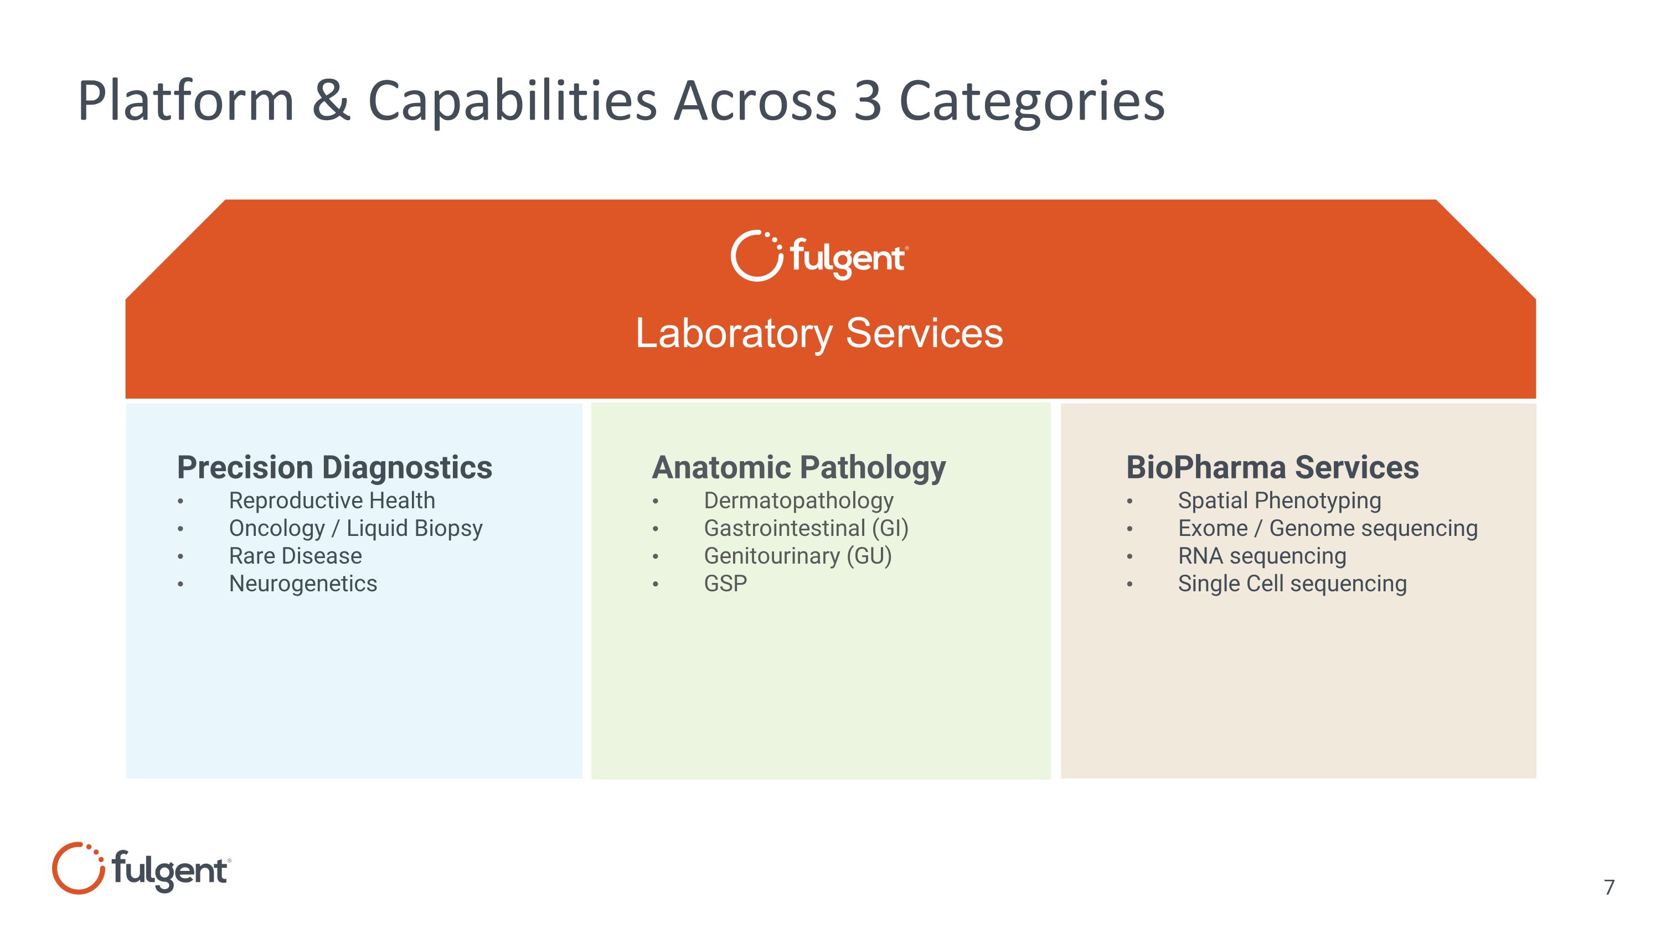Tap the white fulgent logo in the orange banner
[x=819, y=255]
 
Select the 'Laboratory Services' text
[x=819, y=333]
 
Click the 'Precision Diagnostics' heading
[x=334, y=467]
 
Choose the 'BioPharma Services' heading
[x=1272, y=467]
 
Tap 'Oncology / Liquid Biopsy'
[x=355, y=529]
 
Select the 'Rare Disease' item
[x=295, y=556]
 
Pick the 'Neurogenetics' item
[x=302, y=584]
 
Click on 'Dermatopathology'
[x=798, y=502]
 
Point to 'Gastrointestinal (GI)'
[x=806, y=529]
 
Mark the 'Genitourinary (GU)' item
[x=798, y=556]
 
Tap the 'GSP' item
[x=725, y=584]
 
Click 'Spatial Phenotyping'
[x=1280, y=502]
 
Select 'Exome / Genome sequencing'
[x=1328, y=529]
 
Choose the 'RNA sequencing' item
[x=1262, y=556]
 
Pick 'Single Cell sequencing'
[x=1292, y=584]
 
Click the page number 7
[x=1610, y=887]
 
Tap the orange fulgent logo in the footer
[x=141, y=868]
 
